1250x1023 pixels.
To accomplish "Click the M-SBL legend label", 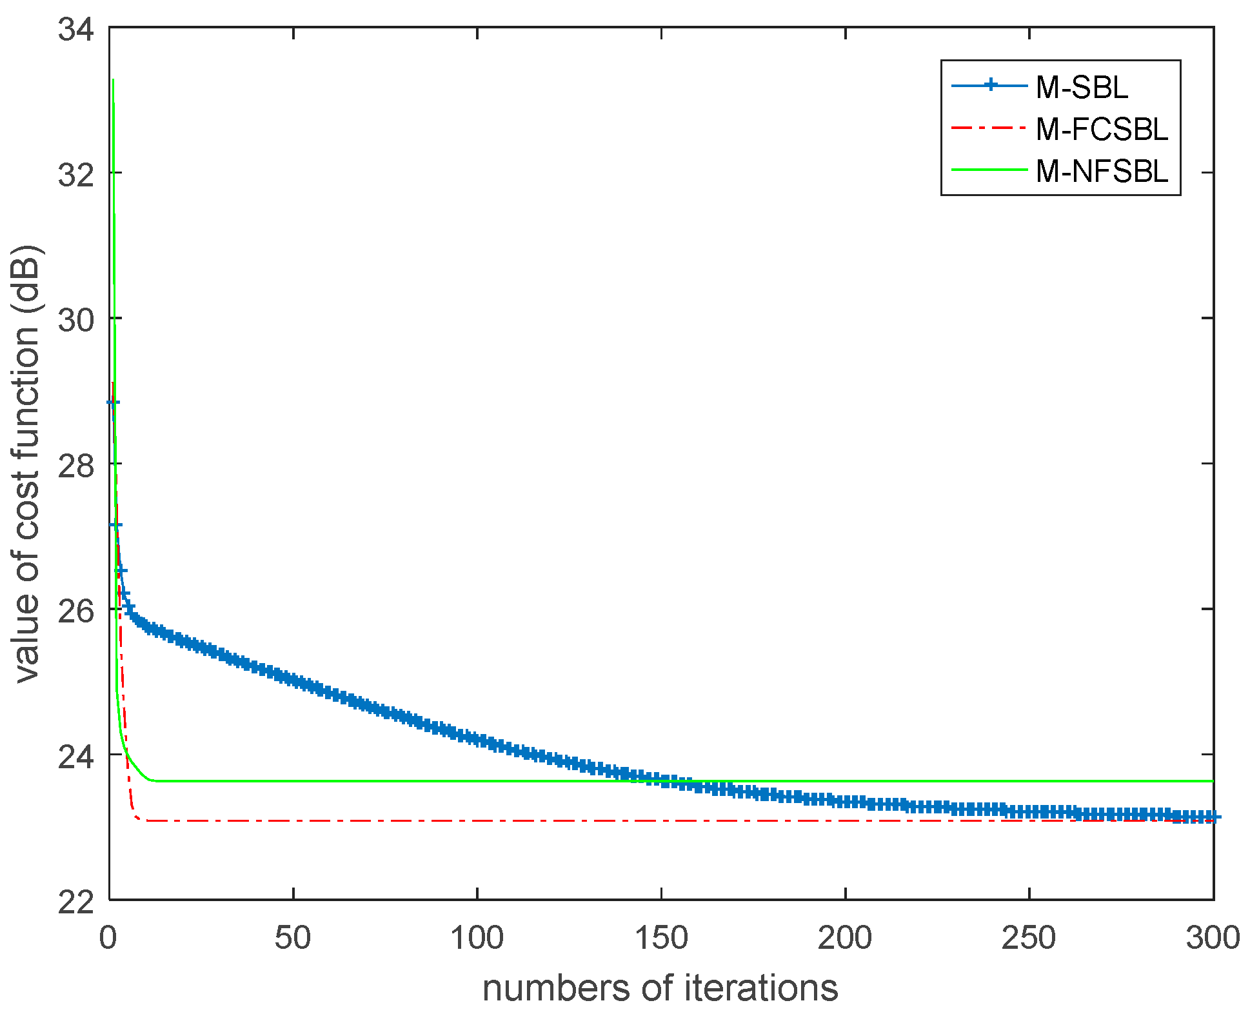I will tap(1082, 88).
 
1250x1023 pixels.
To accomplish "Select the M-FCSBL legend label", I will tap(1102, 130).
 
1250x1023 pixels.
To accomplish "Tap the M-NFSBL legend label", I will tap(1102, 172).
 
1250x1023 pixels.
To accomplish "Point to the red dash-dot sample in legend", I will tap(989, 128).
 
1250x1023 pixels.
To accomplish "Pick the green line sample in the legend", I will tap(989, 170).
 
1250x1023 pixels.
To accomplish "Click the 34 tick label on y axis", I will tap(75, 30).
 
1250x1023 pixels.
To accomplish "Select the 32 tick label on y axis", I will tap(75, 174).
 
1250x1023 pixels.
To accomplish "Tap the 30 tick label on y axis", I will tap(75, 319).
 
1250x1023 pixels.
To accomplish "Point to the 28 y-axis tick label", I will tap(75, 465).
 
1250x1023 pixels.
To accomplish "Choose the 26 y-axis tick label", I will tap(75, 610).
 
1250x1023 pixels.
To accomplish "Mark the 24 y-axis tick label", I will tap(75, 756).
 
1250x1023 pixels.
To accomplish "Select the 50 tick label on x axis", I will tap(293, 938).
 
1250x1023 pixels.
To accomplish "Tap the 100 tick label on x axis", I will tap(477, 938).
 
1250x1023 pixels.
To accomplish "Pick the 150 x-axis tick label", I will tap(661, 938).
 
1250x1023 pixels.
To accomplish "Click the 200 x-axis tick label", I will tap(845, 938).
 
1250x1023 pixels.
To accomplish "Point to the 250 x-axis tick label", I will tap(1029, 938).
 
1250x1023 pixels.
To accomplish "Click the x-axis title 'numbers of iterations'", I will tap(660, 988).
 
